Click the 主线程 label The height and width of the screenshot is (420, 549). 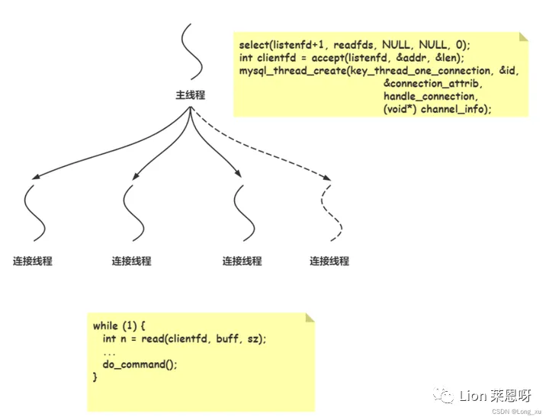[x=190, y=96]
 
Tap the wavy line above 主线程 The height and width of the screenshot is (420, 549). [x=189, y=53]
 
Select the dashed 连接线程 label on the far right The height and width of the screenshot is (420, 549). [x=329, y=261]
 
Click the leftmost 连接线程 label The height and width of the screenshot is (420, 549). [x=32, y=261]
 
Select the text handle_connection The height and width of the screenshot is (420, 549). [x=430, y=97]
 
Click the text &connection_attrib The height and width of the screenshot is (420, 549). [x=432, y=84]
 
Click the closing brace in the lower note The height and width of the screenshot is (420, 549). [x=95, y=377]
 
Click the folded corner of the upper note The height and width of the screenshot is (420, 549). [x=523, y=37]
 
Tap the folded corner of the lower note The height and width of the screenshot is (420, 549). [x=309, y=318]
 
